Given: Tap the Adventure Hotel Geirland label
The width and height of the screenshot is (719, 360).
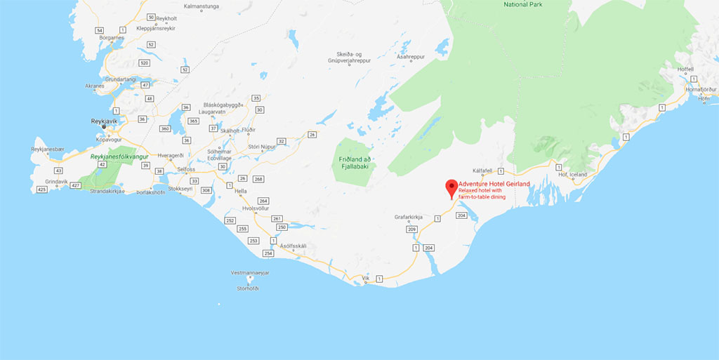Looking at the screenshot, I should [x=494, y=184].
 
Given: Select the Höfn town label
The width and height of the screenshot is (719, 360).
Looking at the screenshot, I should [x=704, y=98].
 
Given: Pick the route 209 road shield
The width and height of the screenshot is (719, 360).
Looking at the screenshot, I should [x=412, y=229].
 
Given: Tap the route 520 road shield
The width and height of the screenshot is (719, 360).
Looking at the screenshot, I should [x=145, y=62].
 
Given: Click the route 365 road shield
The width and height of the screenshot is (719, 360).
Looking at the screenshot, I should [x=193, y=121].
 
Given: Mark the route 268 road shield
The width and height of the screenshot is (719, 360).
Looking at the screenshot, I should [x=258, y=179].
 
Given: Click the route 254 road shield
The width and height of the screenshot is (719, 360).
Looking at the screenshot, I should [x=267, y=253].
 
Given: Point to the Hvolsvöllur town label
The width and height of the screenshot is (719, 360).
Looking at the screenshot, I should [x=256, y=208].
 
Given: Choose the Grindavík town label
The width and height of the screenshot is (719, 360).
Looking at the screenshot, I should [x=56, y=181].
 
